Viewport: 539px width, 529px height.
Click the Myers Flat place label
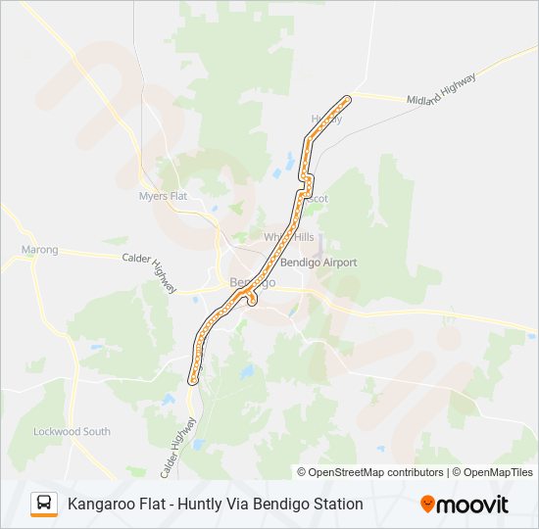point(163,196)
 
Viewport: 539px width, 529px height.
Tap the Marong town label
point(40,250)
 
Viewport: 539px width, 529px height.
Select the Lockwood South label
point(72,431)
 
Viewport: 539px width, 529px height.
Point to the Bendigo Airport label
point(318,263)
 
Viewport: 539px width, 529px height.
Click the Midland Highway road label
point(442,89)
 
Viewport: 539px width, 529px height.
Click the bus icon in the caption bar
point(44,504)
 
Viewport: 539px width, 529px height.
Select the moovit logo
point(465,505)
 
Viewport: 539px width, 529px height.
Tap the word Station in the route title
point(335,504)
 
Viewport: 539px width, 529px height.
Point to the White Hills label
point(289,237)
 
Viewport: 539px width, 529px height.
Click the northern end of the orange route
point(347,98)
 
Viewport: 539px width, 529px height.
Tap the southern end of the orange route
point(193,378)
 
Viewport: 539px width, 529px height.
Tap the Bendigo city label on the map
point(252,282)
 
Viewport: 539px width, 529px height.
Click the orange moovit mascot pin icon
point(427,505)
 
